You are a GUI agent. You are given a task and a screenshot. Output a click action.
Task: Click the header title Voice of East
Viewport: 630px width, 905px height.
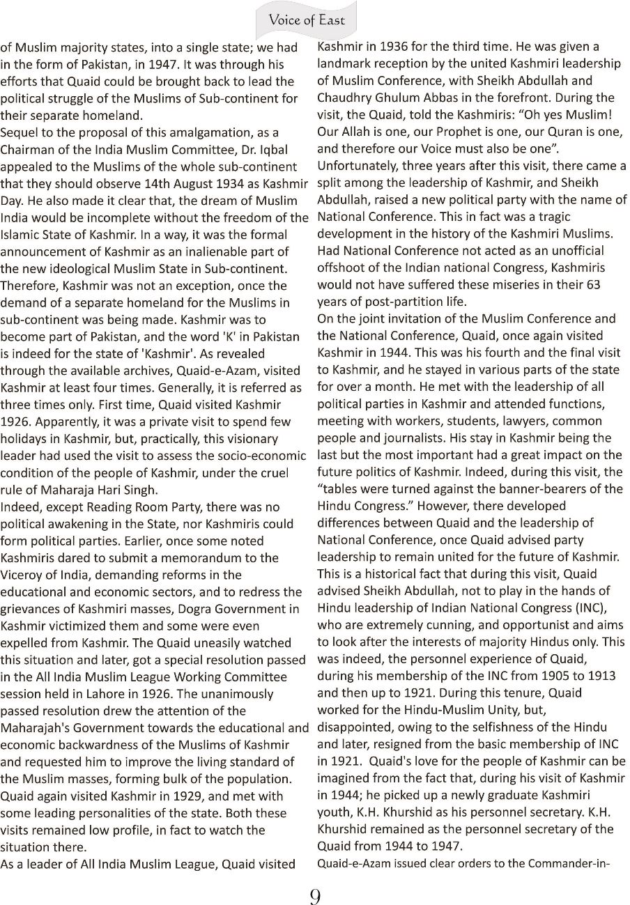[307, 20]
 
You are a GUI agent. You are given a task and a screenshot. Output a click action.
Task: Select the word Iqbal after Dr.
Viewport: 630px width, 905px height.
[273, 150]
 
